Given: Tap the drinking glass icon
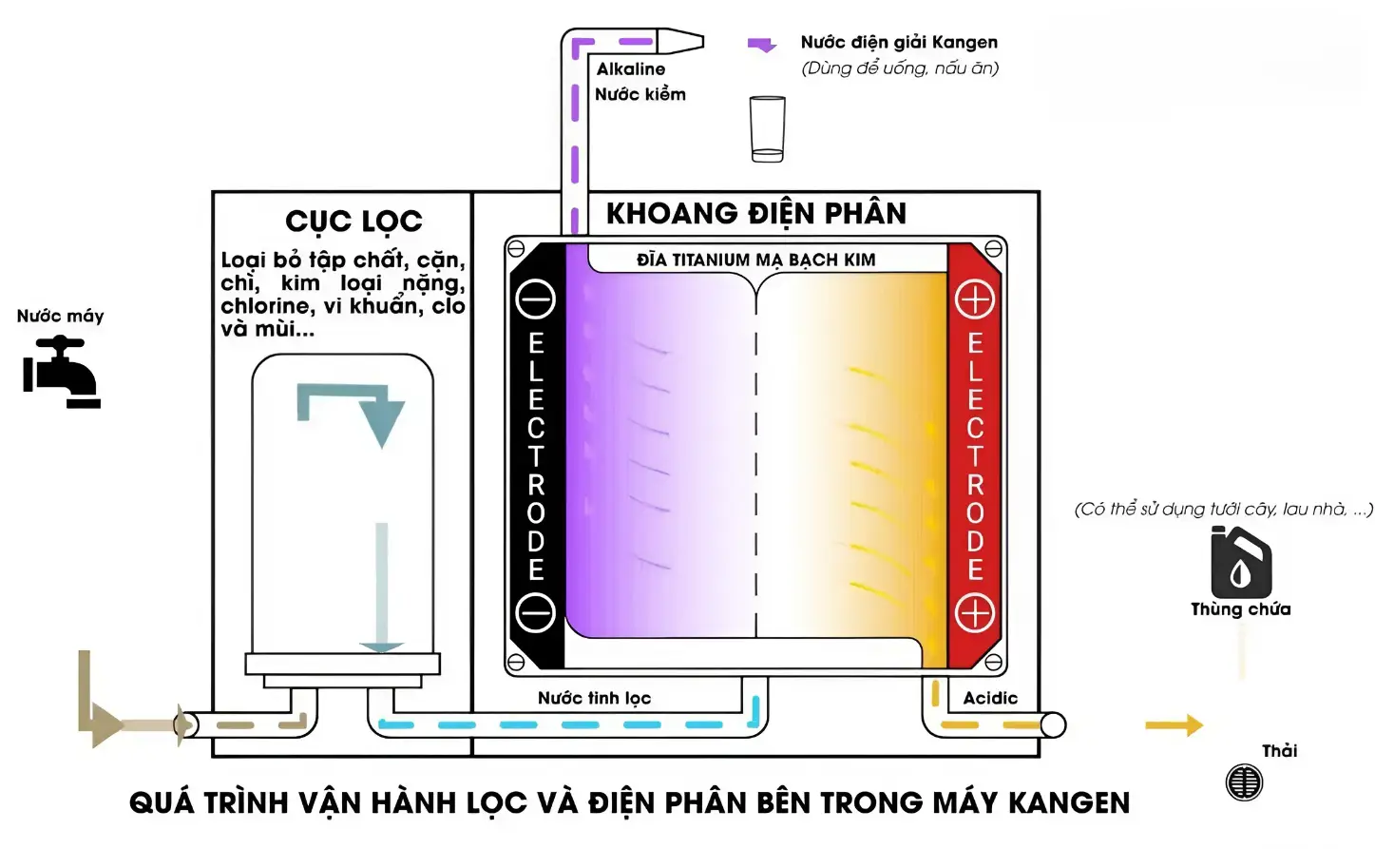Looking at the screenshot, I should point(767,128).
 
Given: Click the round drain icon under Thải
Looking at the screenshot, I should point(1244,782).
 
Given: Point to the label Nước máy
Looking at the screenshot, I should point(60,316).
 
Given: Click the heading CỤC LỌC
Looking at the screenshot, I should point(353,222).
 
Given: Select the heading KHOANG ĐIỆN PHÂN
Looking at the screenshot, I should point(756,213).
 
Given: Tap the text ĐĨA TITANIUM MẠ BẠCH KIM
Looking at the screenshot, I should point(755,260).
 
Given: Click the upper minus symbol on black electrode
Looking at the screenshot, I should point(535,299).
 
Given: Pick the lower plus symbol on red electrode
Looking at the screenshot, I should point(974,613).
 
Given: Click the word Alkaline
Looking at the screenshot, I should point(631,68).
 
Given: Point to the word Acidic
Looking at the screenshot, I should point(990,698).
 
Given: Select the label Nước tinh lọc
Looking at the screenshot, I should point(594,698).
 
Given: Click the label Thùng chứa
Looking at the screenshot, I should point(1240,609).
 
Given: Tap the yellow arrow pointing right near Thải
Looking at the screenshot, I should point(1174,725).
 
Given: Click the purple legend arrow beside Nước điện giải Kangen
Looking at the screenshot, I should point(762,45).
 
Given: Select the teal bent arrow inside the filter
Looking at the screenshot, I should point(356,410).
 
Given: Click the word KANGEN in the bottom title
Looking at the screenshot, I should point(1069,803).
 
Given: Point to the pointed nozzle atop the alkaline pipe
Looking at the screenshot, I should point(680,42).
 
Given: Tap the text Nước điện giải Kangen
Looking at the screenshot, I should point(899,42).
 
